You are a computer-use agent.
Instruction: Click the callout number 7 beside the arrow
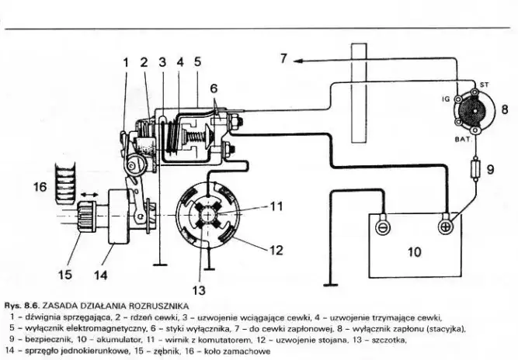[284, 58]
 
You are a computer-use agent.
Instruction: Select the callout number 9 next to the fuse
[490, 167]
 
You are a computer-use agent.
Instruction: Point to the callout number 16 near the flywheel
[40, 186]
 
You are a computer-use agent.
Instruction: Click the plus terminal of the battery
[446, 227]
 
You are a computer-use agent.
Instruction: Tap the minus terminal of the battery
[381, 227]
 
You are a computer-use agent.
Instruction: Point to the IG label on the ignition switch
[445, 99]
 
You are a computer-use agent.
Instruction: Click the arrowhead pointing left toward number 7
[299, 59]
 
